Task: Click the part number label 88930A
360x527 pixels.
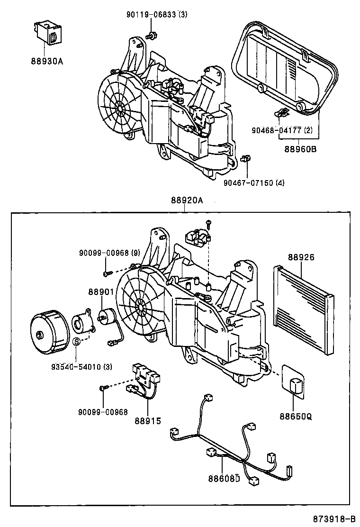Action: point(46,61)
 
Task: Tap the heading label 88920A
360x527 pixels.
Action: point(187,200)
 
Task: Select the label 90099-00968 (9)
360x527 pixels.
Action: point(109,254)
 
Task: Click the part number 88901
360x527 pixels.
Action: point(100,292)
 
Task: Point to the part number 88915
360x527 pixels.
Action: point(147,421)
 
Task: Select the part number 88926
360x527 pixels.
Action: point(301,257)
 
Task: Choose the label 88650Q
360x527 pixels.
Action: point(296,417)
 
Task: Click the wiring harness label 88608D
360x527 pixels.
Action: point(225,478)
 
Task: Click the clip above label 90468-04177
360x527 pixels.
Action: point(282,114)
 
